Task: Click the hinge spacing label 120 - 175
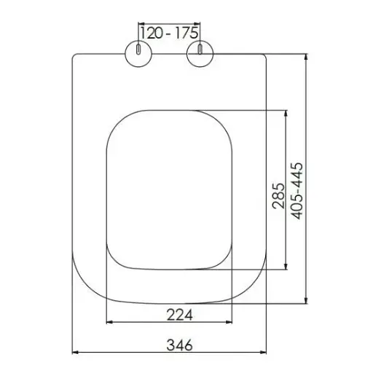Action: point(168,33)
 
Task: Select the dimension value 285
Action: point(278,195)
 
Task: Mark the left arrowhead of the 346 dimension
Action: point(76,354)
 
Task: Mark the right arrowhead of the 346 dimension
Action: point(267,354)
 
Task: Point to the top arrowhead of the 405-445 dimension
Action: point(307,55)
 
